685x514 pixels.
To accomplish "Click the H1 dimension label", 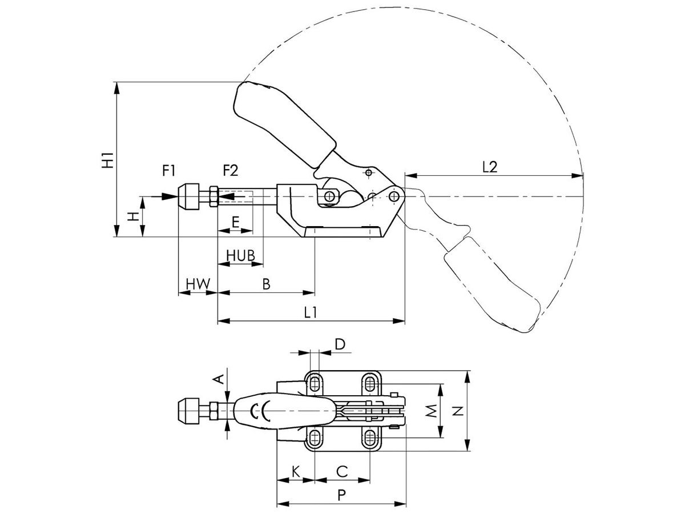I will [107, 159].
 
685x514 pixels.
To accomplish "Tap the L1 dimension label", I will [311, 312].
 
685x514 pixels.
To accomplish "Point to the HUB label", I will [240, 255].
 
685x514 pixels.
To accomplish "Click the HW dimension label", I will [198, 283].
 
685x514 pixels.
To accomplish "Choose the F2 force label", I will [231, 170].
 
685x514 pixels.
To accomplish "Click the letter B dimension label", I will [266, 283].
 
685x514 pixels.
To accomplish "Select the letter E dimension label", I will [235, 222].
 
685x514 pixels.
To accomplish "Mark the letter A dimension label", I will [217, 379].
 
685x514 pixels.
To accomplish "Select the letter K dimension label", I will [295, 471].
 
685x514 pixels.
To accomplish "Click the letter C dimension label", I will [341, 471].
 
